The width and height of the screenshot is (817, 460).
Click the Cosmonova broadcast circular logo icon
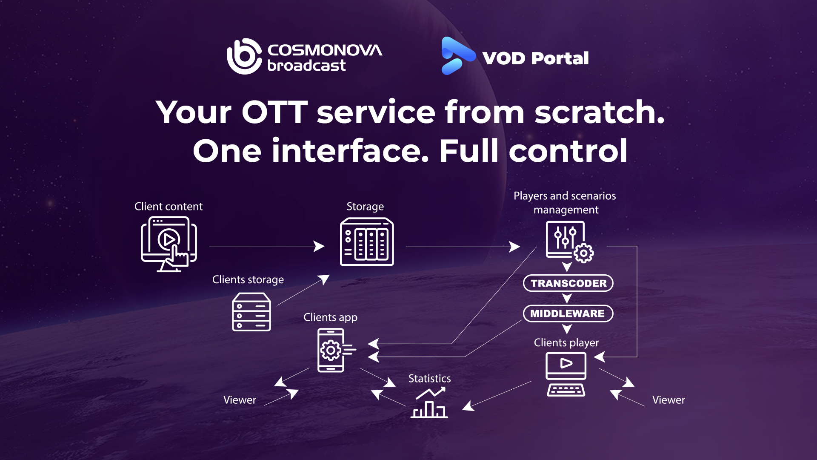coord(244,57)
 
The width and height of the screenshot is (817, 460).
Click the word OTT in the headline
coord(274,112)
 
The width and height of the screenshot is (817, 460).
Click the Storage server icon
coord(367,242)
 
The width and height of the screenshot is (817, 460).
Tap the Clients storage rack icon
coord(251,312)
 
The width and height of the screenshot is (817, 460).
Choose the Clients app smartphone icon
coord(331,350)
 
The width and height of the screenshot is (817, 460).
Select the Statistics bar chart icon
coord(429,403)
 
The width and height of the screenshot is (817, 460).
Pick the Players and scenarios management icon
coord(568,241)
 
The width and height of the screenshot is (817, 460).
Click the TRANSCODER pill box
coord(568,283)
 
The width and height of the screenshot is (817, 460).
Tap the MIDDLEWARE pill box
coord(568,313)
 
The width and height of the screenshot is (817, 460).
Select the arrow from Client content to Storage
coord(266,246)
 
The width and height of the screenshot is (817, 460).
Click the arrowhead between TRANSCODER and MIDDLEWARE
coord(567,298)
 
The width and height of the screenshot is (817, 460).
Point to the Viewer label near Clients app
coord(240,400)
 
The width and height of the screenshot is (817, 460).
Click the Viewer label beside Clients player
coord(668,400)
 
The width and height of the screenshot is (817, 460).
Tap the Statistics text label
coord(429,378)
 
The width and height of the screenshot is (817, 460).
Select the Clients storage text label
coord(248,279)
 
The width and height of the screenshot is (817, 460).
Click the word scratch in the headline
coord(599,112)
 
